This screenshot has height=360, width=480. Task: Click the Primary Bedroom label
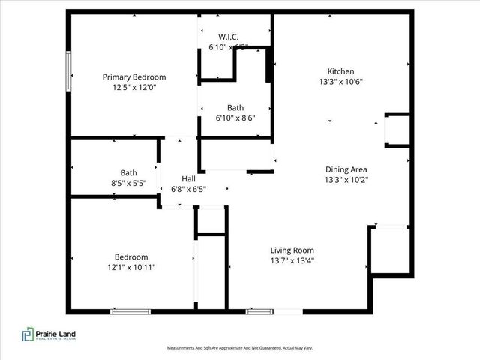[134, 76]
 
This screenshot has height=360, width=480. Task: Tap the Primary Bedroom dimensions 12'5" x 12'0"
[134, 87]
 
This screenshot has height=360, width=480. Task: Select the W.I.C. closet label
[229, 37]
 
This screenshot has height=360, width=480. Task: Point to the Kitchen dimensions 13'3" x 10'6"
[340, 82]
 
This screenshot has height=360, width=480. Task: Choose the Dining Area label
[346, 169]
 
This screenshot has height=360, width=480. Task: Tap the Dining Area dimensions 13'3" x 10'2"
[346, 180]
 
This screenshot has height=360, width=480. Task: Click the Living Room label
[292, 250]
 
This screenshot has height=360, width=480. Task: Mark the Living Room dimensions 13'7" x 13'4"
[292, 261]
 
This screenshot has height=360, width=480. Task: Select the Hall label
[189, 178]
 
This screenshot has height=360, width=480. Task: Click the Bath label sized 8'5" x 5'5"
[128, 172]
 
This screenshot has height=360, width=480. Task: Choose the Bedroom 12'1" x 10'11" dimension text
[130, 266]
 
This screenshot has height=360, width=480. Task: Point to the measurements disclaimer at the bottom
[239, 348]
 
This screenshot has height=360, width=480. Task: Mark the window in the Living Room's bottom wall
[260, 310]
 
